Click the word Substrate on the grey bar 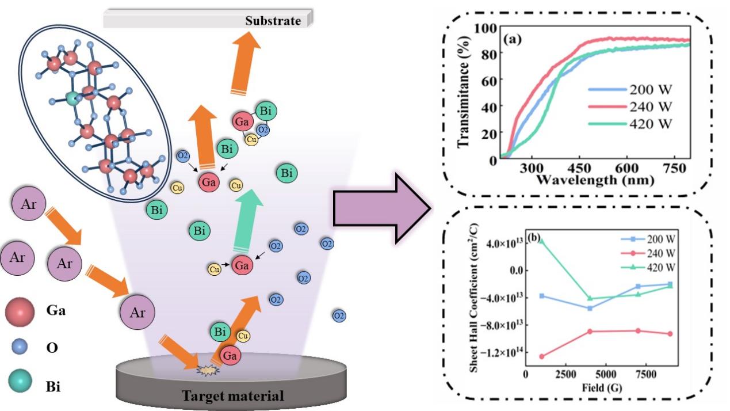click(x=273, y=21)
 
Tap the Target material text click(x=232, y=396)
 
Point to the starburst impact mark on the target click(x=205, y=368)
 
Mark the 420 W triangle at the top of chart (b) click(x=542, y=241)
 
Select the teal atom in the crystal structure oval click(x=72, y=98)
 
